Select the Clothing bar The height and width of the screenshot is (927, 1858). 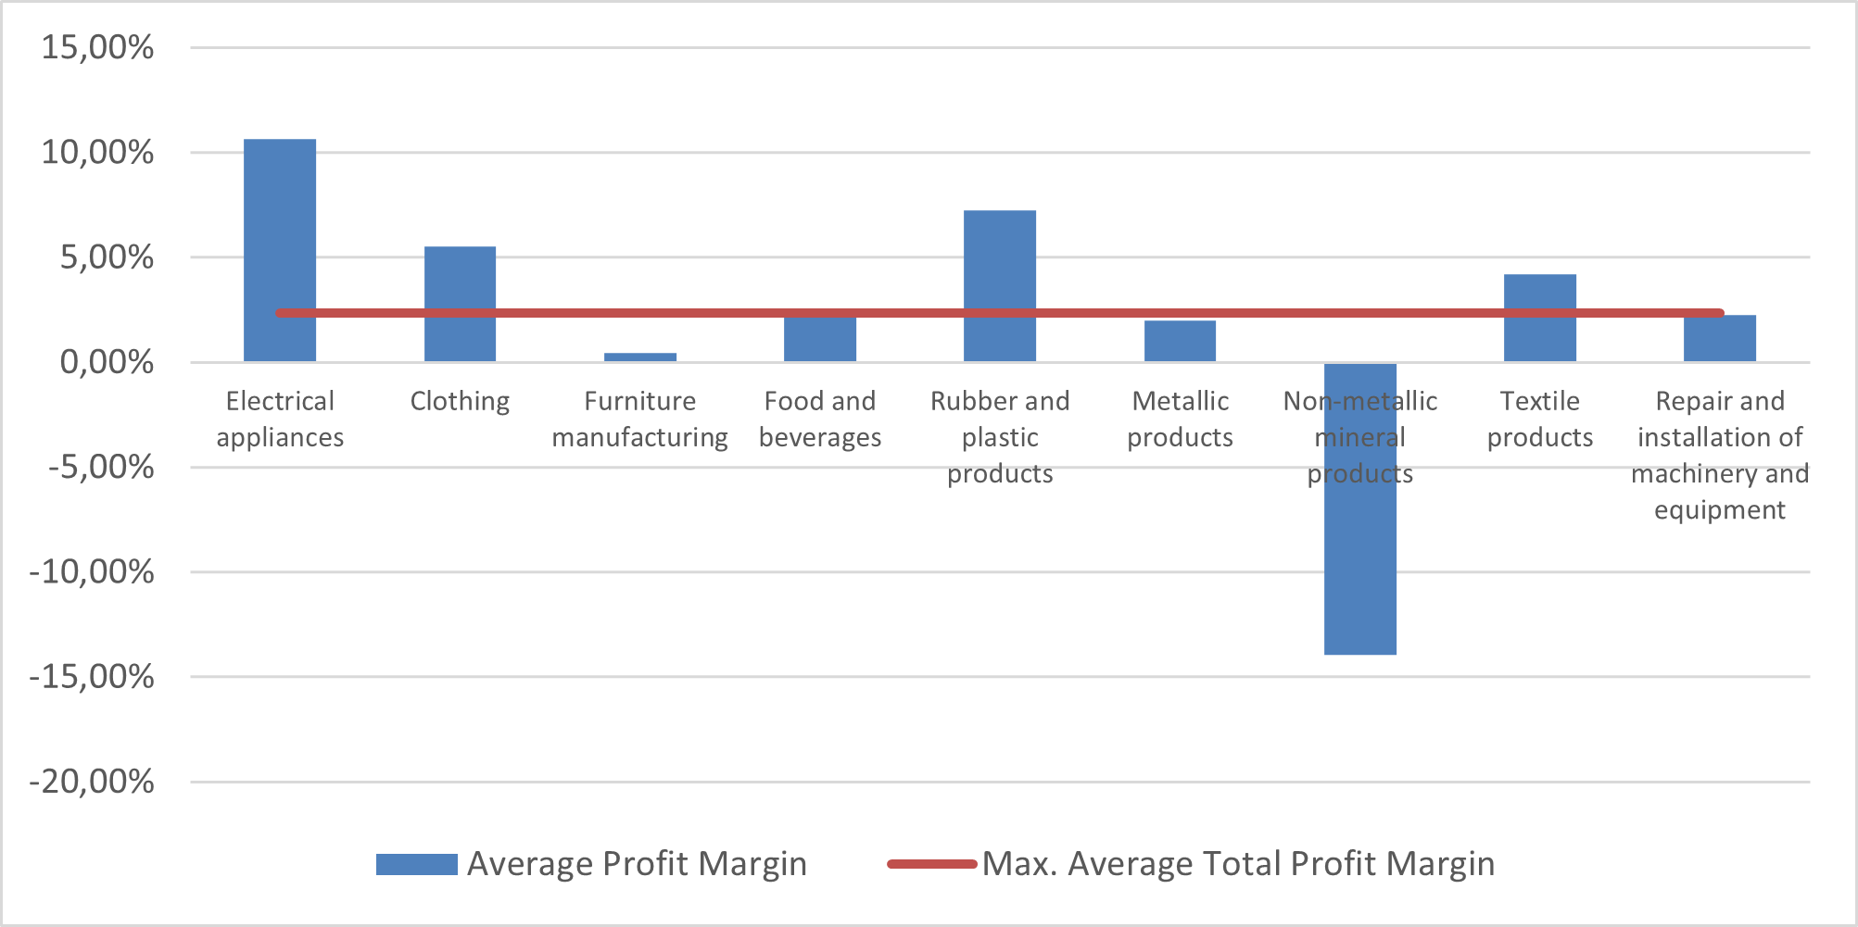(x=460, y=278)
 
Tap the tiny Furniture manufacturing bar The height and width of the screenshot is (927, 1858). (x=639, y=357)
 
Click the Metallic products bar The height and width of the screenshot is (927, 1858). (x=1180, y=342)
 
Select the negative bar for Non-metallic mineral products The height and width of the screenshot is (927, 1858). (x=1359, y=556)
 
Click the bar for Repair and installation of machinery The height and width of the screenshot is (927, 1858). (x=1720, y=340)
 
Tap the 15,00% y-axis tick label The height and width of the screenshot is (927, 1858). (x=97, y=47)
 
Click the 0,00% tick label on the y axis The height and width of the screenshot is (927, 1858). (x=107, y=362)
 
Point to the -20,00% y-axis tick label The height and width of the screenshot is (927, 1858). (x=92, y=782)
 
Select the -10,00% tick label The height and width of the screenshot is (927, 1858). (x=92, y=572)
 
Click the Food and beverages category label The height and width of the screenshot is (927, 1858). (x=820, y=419)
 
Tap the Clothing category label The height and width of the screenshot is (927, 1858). (x=460, y=401)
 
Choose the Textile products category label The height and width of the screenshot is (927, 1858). (x=1539, y=419)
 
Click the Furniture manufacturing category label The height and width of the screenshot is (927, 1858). (x=639, y=419)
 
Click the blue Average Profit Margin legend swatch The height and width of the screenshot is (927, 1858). (x=416, y=864)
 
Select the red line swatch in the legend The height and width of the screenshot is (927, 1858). (x=931, y=864)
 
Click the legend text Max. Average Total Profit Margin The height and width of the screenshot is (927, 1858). (x=1238, y=864)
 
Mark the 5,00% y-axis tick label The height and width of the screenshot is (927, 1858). (x=107, y=257)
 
